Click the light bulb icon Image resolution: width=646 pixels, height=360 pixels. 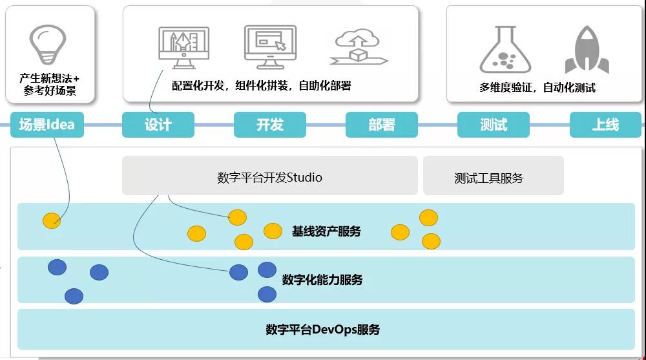(48, 44)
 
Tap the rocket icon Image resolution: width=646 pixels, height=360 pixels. (587, 50)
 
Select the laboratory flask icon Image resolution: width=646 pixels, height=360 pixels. (505, 50)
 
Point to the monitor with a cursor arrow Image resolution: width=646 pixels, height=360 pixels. (270, 47)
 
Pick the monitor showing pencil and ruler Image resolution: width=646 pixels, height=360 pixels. (183, 47)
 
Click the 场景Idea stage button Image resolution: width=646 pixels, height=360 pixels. (47, 125)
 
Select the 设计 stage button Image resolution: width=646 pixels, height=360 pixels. (158, 125)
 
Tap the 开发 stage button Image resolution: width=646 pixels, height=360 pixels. (270, 125)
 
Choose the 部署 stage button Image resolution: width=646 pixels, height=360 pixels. (382, 125)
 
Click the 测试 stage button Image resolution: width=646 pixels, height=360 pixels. (493, 125)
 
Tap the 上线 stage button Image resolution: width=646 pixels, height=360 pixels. (605, 125)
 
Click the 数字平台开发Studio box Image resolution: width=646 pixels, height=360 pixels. (270, 175)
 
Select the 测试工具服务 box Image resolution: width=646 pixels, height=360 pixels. (493, 175)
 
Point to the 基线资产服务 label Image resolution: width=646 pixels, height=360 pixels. (326, 231)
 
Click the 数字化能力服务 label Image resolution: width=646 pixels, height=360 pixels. (322, 280)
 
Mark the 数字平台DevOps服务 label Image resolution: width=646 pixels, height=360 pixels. (322, 330)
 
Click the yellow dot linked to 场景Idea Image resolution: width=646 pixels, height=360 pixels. (52, 220)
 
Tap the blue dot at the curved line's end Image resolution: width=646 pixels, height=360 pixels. (238, 272)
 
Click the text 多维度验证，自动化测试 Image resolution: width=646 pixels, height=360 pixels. (537, 87)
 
